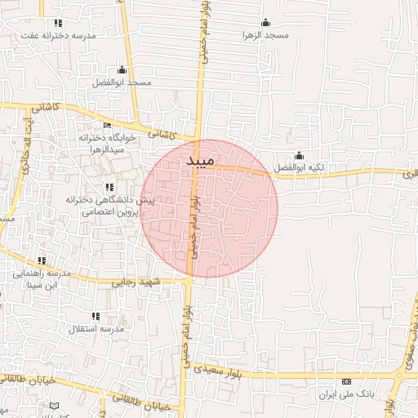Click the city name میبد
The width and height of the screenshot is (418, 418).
click(x=194, y=161)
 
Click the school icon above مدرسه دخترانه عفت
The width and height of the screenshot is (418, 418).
click(x=56, y=23)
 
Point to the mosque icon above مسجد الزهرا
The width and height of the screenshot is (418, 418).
click(x=264, y=23)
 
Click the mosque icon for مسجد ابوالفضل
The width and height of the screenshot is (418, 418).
click(x=122, y=69)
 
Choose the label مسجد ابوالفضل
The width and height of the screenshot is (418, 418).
click(x=122, y=82)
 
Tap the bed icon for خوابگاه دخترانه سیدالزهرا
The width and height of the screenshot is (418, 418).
click(x=107, y=125)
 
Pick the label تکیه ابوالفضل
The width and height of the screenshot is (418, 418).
click(x=299, y=167)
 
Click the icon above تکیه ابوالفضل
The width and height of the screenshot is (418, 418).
click(x=299, y=155)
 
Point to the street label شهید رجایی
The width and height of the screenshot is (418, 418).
click(x=133, y=282)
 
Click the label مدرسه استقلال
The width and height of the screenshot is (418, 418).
click(x=99, y=328)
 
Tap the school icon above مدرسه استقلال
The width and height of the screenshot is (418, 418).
click(x=96, y=316)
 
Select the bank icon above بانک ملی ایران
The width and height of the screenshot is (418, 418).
click(x=346, y=381)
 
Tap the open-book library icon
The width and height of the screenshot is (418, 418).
click(x=55, y=406)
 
